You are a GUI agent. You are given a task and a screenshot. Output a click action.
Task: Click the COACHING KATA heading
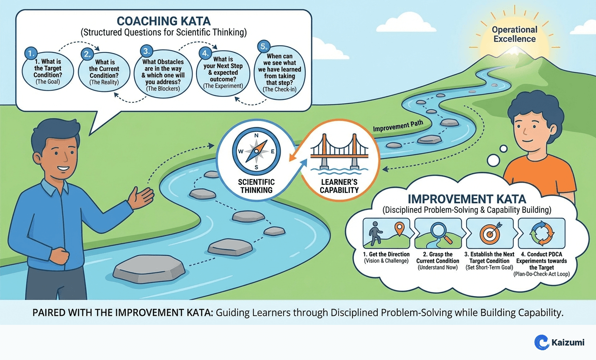coord(163,21)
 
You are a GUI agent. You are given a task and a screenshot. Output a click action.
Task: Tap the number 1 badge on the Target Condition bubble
coord(30,54)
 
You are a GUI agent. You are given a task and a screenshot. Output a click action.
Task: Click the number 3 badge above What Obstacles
coord(146,52)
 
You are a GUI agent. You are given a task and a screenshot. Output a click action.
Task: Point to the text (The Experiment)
coord(223,86)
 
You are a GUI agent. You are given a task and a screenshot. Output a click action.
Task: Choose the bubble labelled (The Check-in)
coord(279,74)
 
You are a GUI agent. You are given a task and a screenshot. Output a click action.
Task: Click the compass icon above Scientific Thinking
coord(256,151)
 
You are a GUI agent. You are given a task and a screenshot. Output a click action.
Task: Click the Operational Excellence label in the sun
coord(514,34)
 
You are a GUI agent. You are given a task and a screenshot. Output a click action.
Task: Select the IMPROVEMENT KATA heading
coord(467,199)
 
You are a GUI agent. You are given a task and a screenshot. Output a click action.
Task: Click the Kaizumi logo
coord(559,342)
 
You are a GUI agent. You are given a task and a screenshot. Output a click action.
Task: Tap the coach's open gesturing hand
coord(141,197)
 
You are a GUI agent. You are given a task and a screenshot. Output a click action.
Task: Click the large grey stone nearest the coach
coord(149,269)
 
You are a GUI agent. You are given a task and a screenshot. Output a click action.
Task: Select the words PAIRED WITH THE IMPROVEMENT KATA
coord(123,313)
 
